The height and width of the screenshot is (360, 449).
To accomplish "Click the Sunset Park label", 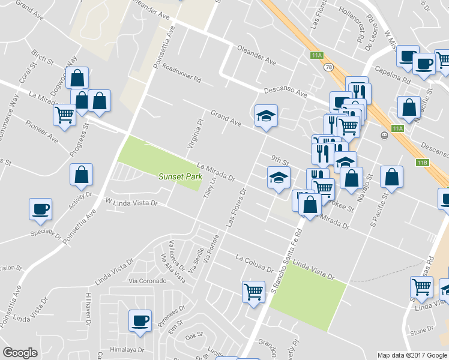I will [x=178, y=176].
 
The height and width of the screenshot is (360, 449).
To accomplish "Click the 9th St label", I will [x=280, y=160].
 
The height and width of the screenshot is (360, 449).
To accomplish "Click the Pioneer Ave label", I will [x=42, y=131].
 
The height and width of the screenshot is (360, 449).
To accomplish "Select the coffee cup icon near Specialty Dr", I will [x=41, y=209].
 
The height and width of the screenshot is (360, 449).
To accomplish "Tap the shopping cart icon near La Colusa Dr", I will [x=254, y=292].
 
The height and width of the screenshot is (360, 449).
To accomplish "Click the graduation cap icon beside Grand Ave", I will [x=266, y=116].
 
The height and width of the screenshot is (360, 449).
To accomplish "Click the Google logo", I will [x=20, y=353].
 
